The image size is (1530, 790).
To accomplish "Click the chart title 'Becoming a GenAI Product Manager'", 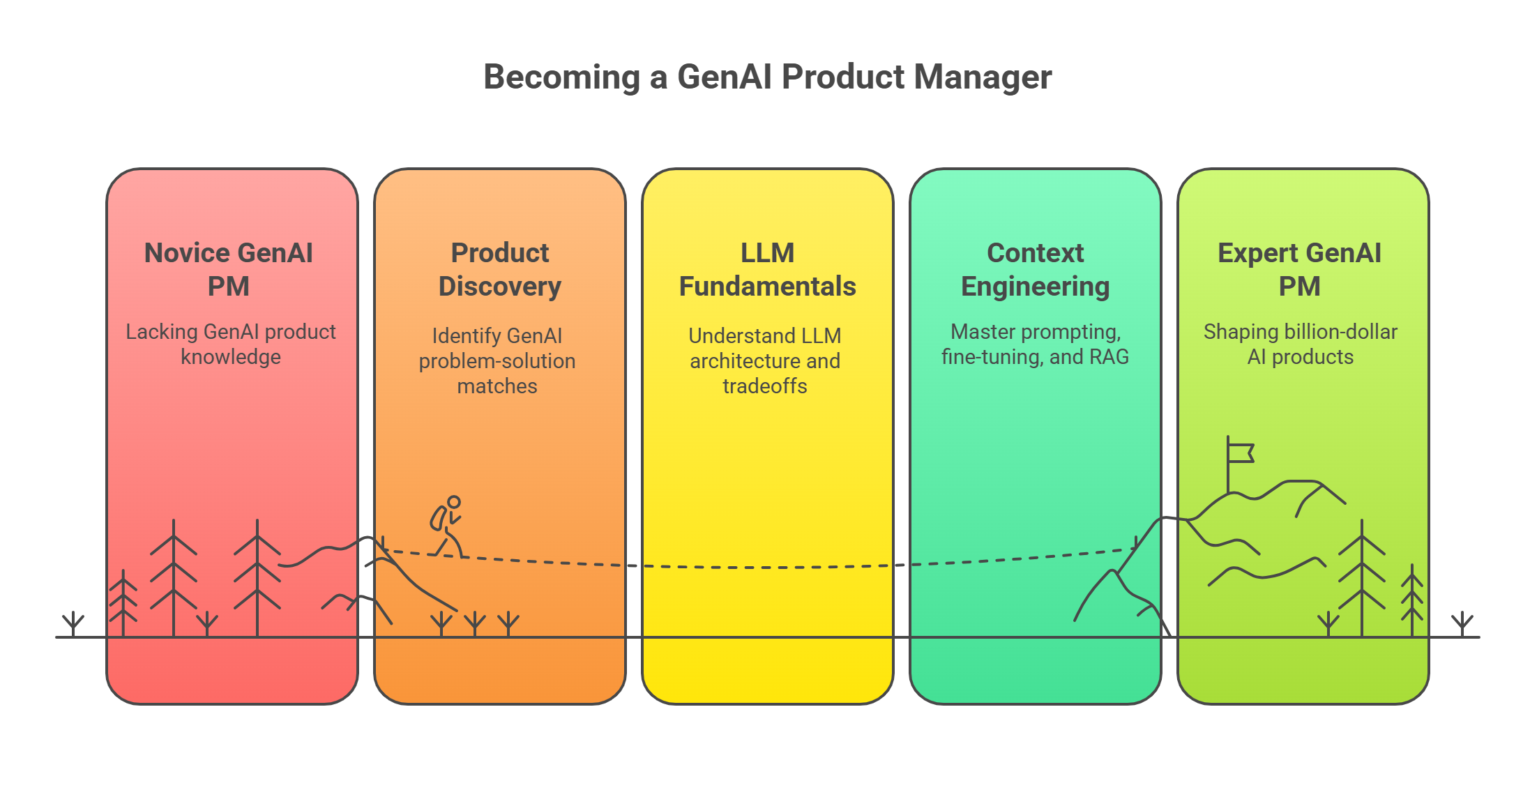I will [767, 77].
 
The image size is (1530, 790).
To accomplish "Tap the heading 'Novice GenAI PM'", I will [229, 269].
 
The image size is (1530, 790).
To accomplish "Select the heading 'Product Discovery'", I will [499, 269].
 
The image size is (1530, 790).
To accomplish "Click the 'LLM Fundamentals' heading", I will [767, 269].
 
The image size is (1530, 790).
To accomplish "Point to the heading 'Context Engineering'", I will [1035, 269].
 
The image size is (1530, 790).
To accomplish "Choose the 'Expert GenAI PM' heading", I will [1299, 269].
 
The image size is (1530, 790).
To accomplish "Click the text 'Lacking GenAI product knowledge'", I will [231, 344].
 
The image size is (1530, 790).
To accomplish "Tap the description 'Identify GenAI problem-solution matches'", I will [497, 360].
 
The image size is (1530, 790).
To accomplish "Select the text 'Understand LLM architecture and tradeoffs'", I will [765, 360].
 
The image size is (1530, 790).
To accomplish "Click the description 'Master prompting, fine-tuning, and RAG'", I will [1035, 344].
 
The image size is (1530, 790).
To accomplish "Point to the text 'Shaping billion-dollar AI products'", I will [1301, 344].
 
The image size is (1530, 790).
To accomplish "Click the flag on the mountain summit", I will [1240, 454].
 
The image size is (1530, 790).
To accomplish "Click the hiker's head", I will [454, 502].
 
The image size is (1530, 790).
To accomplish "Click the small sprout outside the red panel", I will [73, 623].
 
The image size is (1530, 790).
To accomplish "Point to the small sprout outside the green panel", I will [1462, 623].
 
